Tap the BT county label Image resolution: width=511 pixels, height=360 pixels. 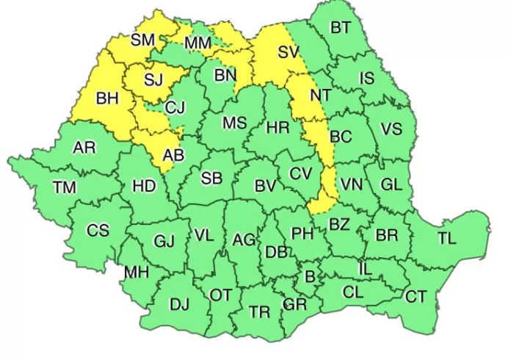pos(341,28)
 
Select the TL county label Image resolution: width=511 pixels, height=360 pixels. pos(446,238)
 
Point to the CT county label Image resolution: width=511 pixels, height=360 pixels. pos(416,297)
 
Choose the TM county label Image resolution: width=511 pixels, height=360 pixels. pos(65,188)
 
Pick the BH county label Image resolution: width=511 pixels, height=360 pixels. pos(107,98)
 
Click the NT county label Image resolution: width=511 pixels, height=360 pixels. pos(320,95)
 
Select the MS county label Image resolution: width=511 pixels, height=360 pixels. pos(234,123)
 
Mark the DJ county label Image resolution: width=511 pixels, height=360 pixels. pos(179,303)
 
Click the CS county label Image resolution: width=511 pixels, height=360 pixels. pos(98,231)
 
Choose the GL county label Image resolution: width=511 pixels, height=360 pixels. pos(391,184)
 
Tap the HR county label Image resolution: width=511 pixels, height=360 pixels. pos(278,128)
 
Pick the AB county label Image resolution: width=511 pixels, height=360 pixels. pos(173,155)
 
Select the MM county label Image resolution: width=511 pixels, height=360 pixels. pos(197,44)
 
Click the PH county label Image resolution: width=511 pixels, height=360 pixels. pos(302,234)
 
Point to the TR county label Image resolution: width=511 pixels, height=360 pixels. pos(259,312)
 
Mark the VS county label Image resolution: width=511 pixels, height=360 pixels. pos(391,129)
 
